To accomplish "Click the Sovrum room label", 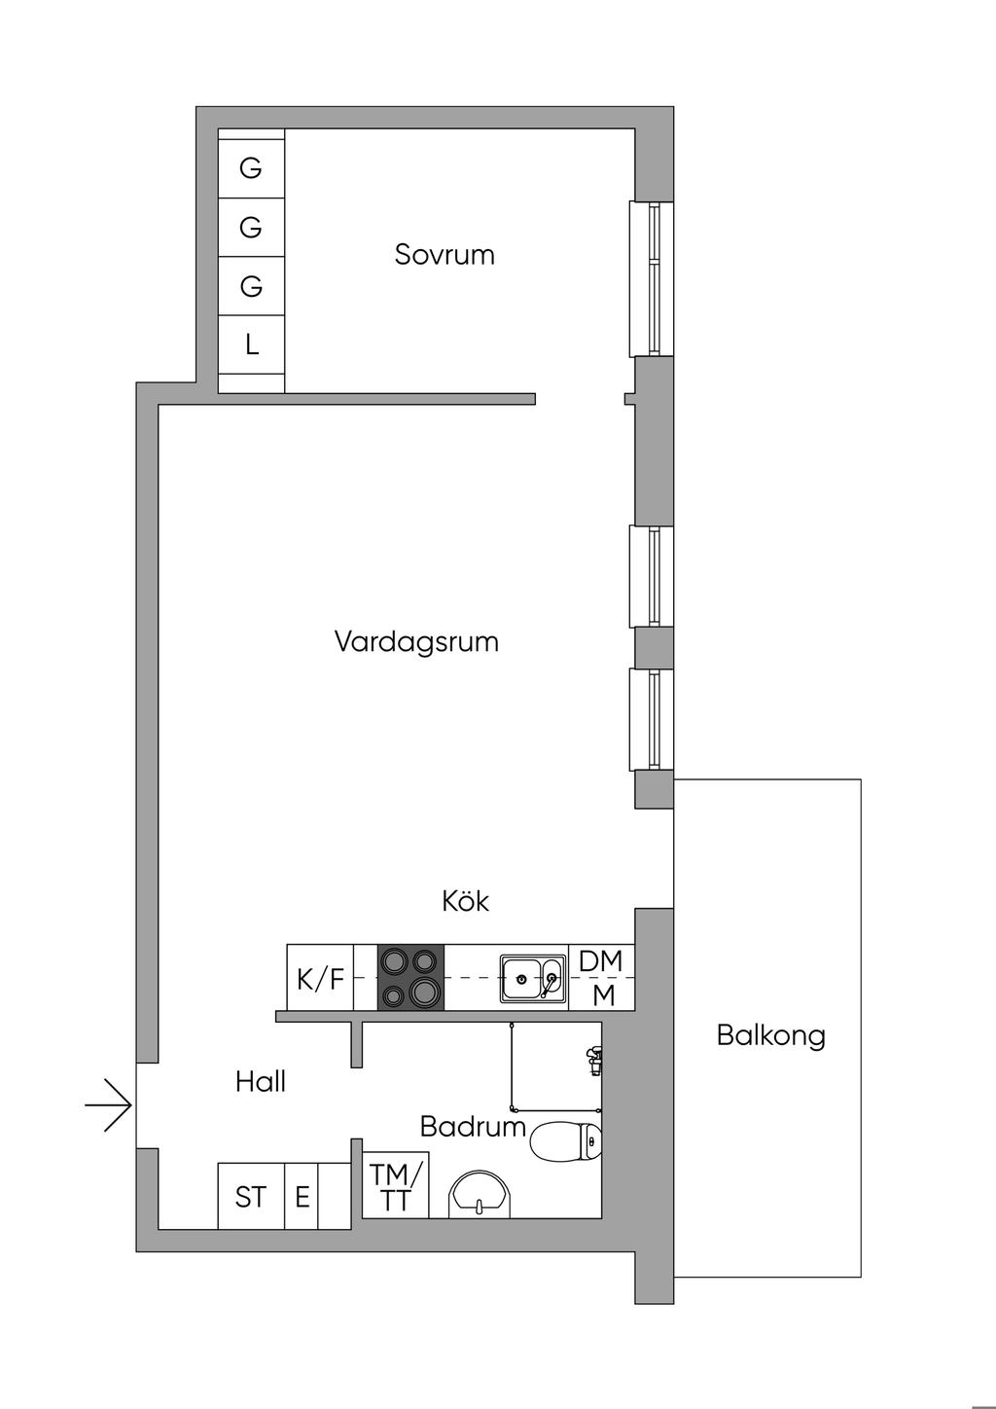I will click(445, 255).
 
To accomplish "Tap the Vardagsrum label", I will click(416, 642).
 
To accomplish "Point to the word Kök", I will click(465, 901).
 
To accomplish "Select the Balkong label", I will click(770, 1034).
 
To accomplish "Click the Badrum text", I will click(473, 1127).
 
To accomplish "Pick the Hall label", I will click(261, 1081).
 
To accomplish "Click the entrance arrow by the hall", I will click(109, 1105).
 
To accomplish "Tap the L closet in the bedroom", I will click(252, 344).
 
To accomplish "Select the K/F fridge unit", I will click(320, 978).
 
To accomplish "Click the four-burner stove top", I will click(410, 977).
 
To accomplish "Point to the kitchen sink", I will click(533, 978).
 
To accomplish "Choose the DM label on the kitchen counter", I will click(601, 961).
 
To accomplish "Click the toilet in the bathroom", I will click(568, 1141).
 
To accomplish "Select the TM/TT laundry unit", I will click(396, 1187).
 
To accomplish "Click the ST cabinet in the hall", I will click(251, 1196).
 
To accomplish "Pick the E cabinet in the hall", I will click(302, 1196).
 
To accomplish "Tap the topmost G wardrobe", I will click(251, 168).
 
